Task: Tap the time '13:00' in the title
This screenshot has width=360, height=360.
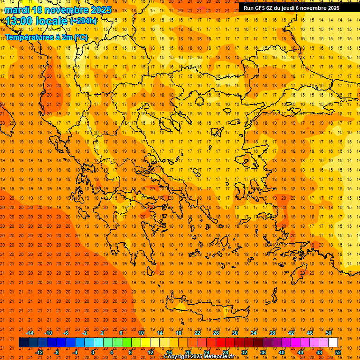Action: coord(19,21)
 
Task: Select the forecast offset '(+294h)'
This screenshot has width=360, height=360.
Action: coord(83,21)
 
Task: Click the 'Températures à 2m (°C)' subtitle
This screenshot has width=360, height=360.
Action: coord(46,37)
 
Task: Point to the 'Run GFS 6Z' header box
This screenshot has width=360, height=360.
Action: coord(295,7)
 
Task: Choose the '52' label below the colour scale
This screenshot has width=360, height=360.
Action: coord(338,352)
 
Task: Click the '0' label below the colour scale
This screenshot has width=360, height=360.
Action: coord(92,352)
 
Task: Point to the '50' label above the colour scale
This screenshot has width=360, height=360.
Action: coord(329,333)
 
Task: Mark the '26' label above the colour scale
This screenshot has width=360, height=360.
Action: coord(216,333)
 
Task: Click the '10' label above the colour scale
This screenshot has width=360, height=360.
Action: coord(141,333)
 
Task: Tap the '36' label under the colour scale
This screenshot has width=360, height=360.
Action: coord(263,352)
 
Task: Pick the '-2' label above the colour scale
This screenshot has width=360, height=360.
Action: coord(84,333)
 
